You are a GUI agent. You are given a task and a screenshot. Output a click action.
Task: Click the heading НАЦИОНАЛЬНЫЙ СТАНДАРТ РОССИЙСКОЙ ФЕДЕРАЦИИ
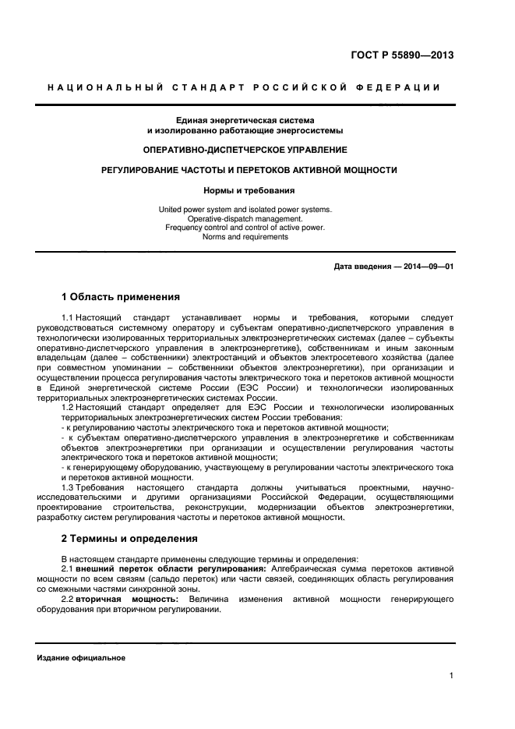click(244, 87)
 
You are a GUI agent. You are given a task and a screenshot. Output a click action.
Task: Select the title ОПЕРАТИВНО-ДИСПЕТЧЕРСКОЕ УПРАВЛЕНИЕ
click(245, 149)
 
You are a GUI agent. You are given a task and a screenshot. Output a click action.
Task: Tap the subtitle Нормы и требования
click(245, 189)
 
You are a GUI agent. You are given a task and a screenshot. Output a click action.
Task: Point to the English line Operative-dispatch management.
click(245, 219)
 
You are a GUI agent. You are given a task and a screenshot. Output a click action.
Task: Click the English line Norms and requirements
click(245, 236)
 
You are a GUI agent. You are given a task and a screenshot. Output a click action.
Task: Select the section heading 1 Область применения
click(120, 297)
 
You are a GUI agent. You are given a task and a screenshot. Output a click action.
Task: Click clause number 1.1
click(67, 318)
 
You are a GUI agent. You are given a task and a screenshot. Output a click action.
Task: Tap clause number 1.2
click(67, 408)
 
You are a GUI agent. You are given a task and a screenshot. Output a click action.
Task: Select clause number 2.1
click(67, 569)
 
